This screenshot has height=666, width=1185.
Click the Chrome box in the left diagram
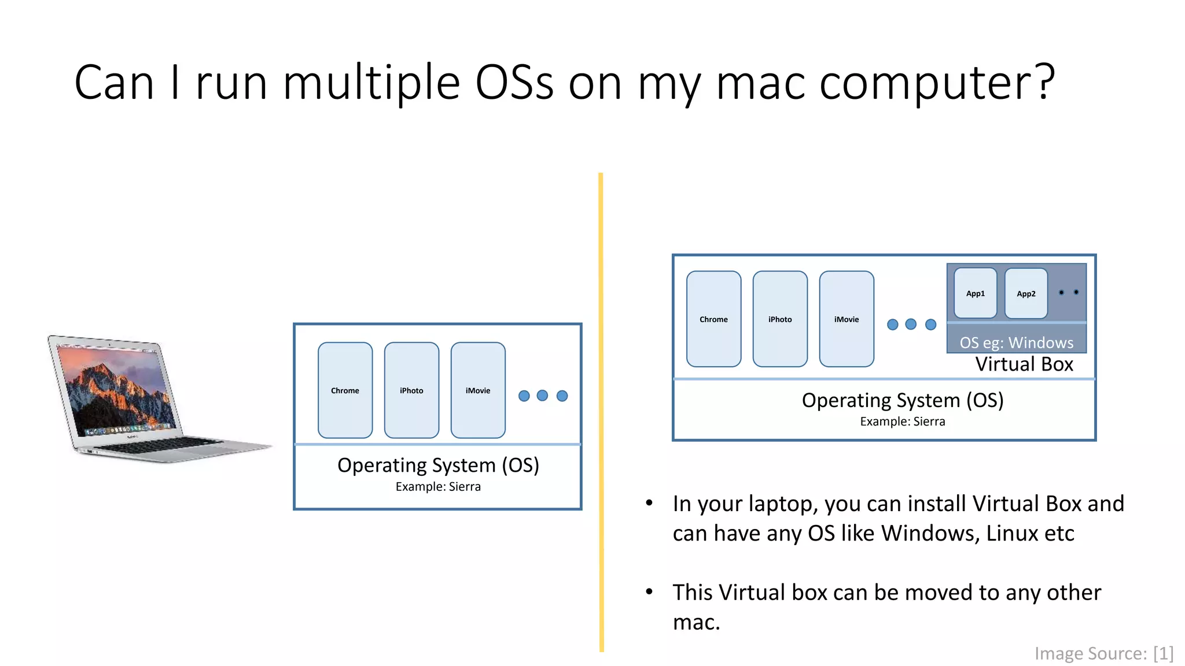[345, 390]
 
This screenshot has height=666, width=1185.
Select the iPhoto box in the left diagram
[411, 390]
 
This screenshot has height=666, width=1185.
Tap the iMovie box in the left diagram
[478, 390]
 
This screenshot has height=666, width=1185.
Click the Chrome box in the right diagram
[713, 319]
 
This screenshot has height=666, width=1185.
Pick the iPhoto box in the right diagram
[780, 319]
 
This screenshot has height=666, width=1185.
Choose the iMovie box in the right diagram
[847, 319]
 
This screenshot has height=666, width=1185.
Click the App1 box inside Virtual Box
[976, 293]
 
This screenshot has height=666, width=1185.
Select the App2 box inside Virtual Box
[1026, 293]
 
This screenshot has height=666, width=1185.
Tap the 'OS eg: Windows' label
[1016, 342]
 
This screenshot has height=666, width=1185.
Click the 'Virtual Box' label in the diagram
[1024, 364]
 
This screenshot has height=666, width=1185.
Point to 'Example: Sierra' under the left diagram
[438, 487]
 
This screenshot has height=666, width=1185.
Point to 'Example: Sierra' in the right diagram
[902, 421]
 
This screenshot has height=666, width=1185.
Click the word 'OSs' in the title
[514, 82]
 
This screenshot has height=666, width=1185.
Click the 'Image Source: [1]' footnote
[1103, 653]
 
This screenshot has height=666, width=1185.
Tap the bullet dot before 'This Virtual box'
[649, 591]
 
